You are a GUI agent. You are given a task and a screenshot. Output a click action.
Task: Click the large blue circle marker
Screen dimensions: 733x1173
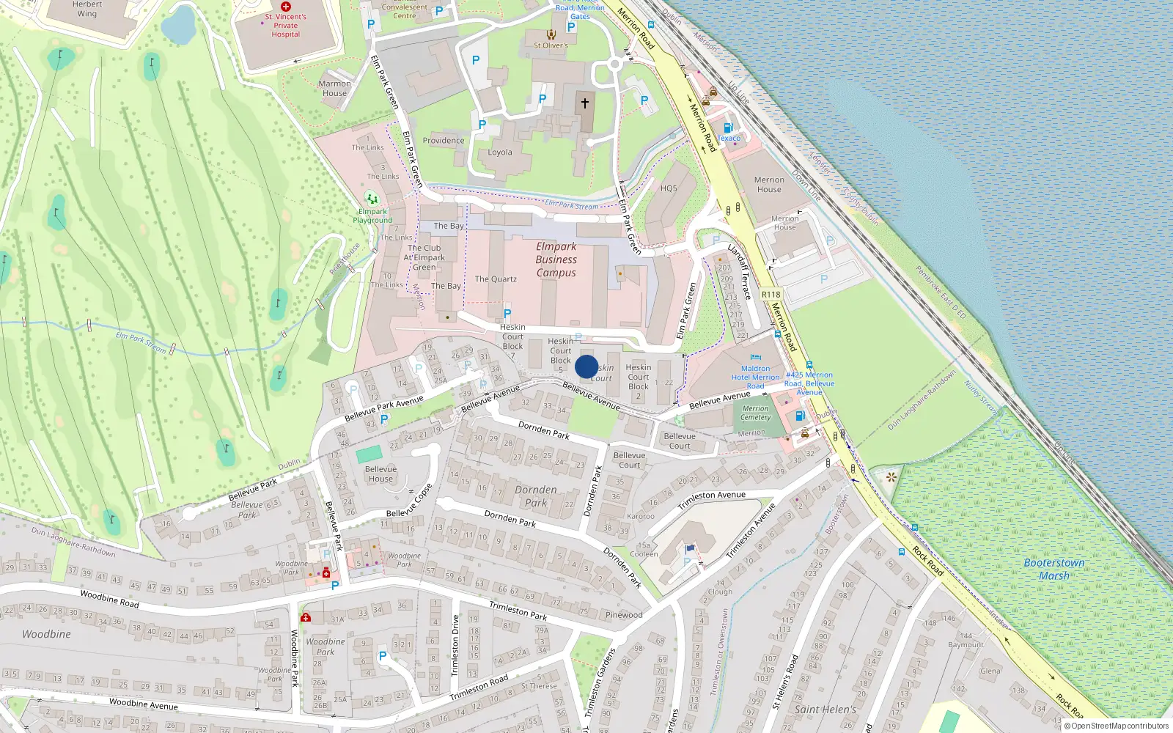[586, 366]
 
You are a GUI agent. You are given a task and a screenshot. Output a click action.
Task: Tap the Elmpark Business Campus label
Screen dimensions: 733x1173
[556, 259]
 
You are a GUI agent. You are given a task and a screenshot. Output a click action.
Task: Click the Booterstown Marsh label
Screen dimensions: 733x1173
[1054, 569]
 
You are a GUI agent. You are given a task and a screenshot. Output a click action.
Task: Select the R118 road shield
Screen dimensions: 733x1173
[771, 295]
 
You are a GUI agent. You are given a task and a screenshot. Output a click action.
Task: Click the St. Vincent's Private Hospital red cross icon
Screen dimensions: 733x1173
[286, 7]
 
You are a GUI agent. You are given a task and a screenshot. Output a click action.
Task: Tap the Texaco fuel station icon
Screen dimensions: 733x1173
[728, 128]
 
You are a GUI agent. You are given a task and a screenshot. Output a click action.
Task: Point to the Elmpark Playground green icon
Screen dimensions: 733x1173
[372, 199]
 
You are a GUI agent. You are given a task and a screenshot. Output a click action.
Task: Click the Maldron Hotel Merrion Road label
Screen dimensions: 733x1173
[755, 377]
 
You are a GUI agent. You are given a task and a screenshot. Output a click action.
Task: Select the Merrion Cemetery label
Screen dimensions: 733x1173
[755, 413]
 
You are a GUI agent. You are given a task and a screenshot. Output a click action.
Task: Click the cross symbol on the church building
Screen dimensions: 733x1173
[585, 103]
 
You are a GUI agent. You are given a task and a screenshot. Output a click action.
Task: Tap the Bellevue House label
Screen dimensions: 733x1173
[380, 474]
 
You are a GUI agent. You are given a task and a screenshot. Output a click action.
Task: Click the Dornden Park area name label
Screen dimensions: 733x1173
[536, 496]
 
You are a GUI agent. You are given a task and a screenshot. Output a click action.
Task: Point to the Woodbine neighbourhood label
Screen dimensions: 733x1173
[46, 634]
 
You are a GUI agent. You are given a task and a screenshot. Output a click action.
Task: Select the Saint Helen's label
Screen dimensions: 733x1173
[825, 709]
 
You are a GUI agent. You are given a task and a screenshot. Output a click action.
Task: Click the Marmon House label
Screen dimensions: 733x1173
[334, 88]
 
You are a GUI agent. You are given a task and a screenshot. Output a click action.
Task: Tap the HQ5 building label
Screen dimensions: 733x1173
[669, 188]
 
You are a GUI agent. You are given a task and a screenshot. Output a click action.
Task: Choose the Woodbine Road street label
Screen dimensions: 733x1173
[109, 599]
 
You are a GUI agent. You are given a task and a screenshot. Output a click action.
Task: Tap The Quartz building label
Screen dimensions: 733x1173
[496, 279]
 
